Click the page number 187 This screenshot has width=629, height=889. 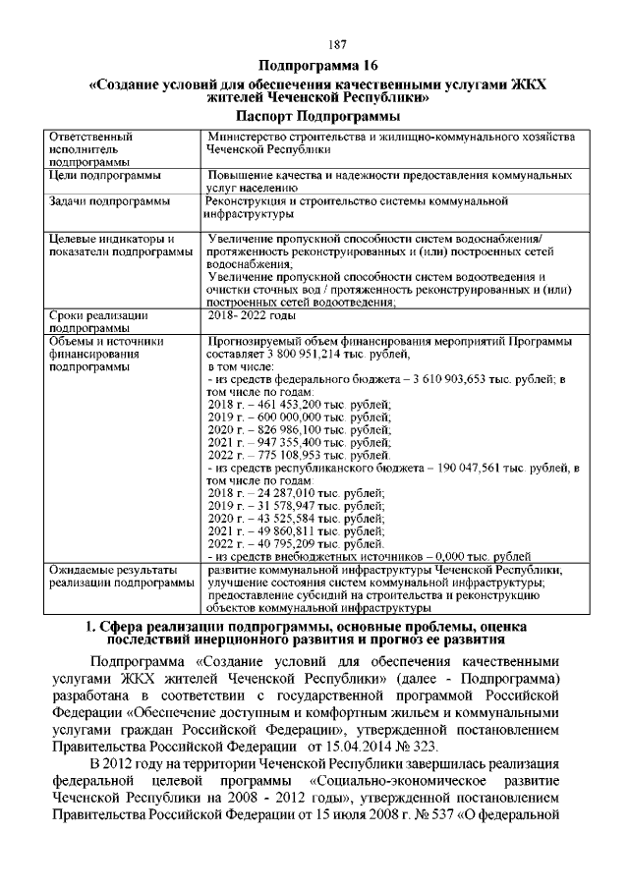314,44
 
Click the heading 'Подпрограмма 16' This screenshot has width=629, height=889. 314,66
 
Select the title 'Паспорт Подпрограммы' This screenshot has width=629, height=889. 314,117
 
